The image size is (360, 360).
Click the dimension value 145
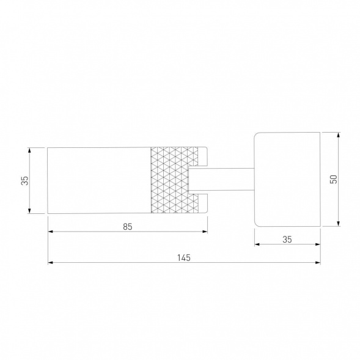coord(184,257)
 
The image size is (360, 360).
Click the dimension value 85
coord(128,227)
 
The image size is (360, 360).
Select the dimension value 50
coord(333,179)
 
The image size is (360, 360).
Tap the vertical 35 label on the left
coord(24,180)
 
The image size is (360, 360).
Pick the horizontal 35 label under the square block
coord(287,240)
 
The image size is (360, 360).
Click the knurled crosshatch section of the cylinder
coord(174,180)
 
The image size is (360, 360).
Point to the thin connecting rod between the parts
coord(221,179)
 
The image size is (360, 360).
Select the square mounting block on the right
coord(287,179)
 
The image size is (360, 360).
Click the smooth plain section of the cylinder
coord(99,180)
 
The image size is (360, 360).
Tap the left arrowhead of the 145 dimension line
coord(50,262)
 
